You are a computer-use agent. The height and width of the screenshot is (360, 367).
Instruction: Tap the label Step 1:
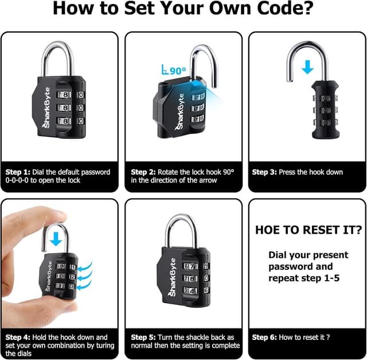[18, 172]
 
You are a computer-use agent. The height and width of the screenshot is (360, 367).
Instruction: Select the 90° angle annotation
[174, 71]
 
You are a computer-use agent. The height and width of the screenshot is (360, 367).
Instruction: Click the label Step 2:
[143, 172]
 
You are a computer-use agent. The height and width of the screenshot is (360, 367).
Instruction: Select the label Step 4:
[18, 337]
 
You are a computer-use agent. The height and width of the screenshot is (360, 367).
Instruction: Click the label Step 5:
[143, 337]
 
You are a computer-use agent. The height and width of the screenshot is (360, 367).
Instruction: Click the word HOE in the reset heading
[268, 230]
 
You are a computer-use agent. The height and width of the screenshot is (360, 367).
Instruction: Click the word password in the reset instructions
[290, 266]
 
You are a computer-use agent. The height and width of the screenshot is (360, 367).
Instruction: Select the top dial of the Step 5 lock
[193, 266]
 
